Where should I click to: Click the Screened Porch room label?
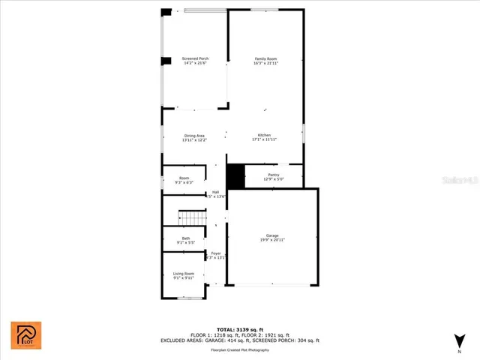point(195,58)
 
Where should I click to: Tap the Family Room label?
point(266,58)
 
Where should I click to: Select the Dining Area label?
point(194,136)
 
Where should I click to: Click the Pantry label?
point(273,175)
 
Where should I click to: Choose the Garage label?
point(272,235)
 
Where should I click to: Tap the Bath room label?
point(185,238)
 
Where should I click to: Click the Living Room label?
point(184,274)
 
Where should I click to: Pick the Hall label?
point(215,193)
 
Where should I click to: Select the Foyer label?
point(216,253)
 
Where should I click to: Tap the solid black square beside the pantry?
point(236,176)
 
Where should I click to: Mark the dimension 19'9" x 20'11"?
point(272,239)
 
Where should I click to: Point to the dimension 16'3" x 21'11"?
point(266,63)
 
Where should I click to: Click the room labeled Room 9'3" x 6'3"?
point(184,181)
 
